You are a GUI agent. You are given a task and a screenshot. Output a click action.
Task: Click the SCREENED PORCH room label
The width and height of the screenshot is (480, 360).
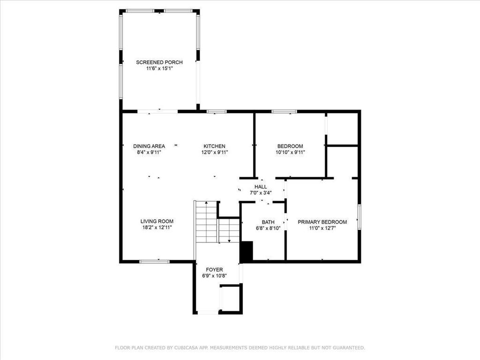[159, 62]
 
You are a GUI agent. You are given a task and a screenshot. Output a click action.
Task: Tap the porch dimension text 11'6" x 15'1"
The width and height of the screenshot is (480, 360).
[159, 68]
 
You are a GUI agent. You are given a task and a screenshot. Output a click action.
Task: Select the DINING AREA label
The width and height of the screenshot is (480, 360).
[149, 146]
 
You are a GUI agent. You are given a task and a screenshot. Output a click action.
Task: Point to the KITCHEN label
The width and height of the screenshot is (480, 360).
[214, 146]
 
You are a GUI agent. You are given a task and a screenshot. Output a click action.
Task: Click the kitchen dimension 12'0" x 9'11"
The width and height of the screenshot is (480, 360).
[214, 152]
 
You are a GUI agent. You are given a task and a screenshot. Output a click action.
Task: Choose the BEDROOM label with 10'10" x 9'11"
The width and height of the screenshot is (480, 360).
[290, 146]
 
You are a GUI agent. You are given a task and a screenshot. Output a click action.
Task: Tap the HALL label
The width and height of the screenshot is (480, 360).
[261, 187]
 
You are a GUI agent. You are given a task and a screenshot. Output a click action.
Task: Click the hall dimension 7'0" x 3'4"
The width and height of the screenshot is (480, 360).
[261, 193]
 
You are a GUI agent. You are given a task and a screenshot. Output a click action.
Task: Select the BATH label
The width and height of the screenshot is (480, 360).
[268, 222]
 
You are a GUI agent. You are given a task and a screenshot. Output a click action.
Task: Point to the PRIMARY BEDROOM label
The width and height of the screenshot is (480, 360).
[322, 222]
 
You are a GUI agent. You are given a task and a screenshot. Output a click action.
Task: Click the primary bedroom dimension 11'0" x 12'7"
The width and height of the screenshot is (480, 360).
[322, 228]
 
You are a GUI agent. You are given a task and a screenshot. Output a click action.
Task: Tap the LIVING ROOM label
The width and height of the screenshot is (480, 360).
[157, 221]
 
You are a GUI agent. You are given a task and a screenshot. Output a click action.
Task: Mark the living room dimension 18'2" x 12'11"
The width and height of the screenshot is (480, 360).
[157, 228]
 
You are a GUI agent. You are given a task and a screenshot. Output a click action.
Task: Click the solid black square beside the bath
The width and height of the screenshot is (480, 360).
[247, 252]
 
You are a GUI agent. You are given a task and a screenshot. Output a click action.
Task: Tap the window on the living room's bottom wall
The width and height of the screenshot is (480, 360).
[155, 261]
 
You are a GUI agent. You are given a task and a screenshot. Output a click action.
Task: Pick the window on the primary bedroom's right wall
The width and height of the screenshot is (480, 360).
[360, 217]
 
